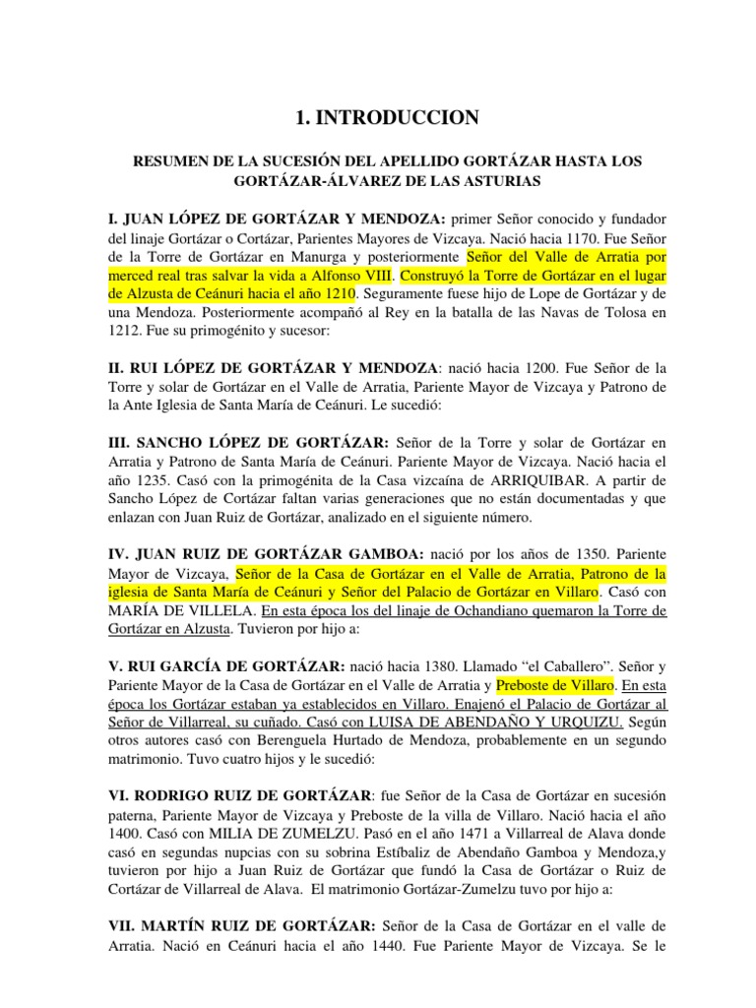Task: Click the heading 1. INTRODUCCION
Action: [379, 118]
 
